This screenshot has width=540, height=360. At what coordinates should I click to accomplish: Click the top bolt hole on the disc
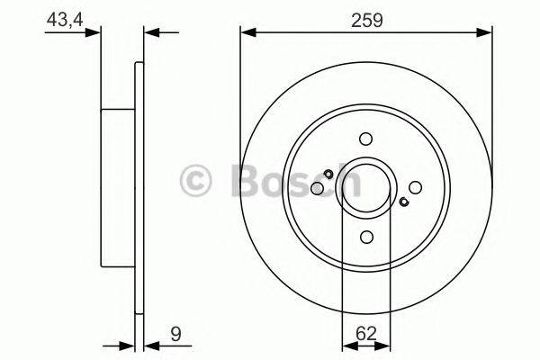tap(365, 139)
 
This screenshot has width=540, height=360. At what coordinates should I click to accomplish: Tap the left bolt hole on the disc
tap(317, 188)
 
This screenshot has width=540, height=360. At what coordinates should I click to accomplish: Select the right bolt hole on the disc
tap(414, 187)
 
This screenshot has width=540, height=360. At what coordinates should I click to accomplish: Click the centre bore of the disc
tap(365, 187)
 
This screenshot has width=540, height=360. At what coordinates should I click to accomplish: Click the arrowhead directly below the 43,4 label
tap(94, 33)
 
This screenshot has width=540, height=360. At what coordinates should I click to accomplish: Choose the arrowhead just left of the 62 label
tap(347, 344)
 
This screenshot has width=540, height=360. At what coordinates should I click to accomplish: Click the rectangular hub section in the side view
tap(117, 188)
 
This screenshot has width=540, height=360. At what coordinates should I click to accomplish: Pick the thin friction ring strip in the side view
tap(139, 188)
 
